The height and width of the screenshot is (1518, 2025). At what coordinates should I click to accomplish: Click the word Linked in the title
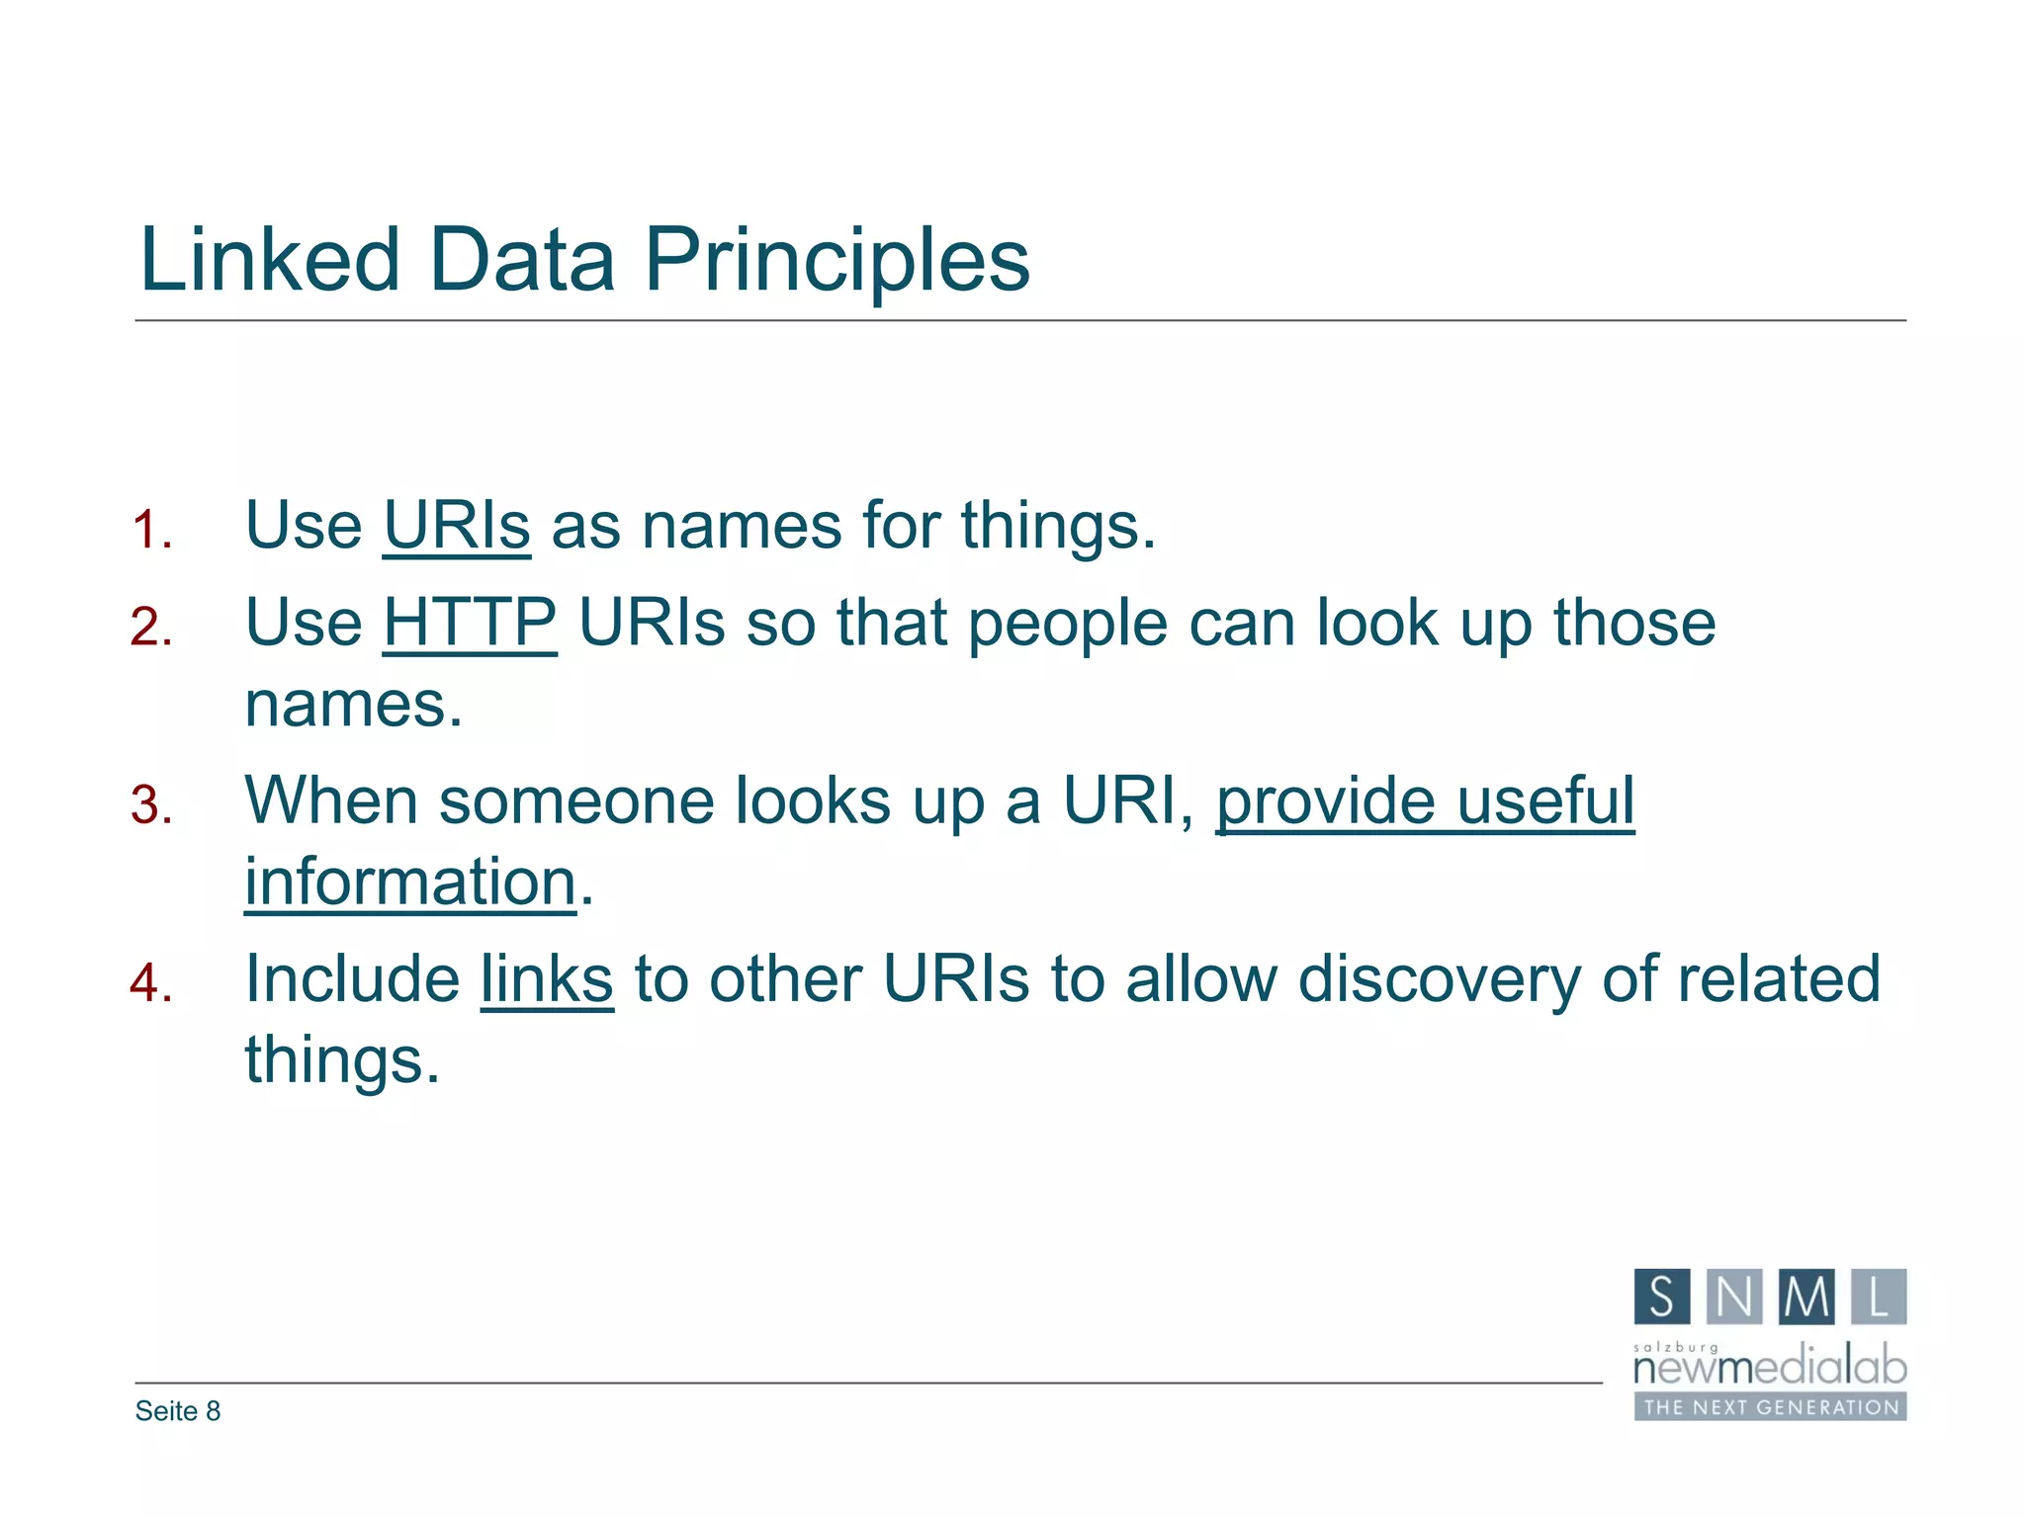point(269,259)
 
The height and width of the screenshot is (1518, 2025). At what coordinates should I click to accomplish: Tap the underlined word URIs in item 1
point(456,526)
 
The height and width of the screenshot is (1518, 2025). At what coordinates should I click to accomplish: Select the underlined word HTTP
point(470,623)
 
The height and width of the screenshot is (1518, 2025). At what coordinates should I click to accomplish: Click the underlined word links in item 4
point(547,979)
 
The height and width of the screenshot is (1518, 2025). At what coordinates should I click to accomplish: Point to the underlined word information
point(409,882)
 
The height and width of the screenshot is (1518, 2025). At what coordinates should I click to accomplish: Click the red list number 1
point(150,530)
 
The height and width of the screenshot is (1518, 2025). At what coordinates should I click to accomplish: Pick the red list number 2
point(150,628)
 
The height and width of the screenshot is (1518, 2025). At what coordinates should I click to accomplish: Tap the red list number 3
point(150,804)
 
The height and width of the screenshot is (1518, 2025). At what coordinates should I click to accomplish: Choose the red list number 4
point(150,983)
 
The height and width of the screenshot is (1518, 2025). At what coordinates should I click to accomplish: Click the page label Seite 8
point(178,1411)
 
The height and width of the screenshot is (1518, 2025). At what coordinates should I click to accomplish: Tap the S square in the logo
point(1661,1297)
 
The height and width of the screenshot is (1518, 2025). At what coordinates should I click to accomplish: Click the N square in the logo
point(1734,1297)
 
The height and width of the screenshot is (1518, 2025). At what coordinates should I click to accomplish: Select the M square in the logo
point(1806,1297)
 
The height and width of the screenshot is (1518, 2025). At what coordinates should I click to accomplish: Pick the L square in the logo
point(1879,1297)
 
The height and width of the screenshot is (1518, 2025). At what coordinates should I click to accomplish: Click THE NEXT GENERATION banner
point(1770,1407)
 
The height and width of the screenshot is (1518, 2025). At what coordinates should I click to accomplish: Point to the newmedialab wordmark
point(1770,1368)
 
